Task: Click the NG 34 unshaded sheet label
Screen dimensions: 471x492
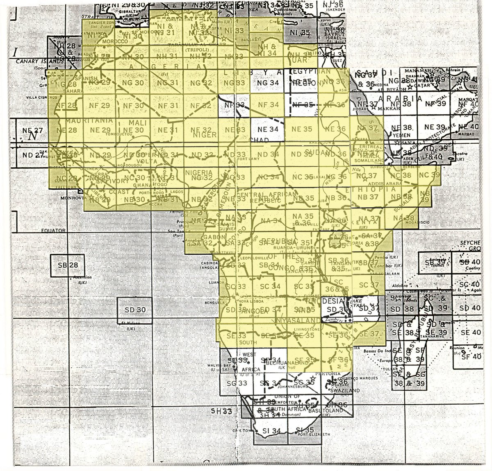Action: click(x=266, y=83)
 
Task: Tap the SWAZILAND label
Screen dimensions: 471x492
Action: click(x=347, y=391)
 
